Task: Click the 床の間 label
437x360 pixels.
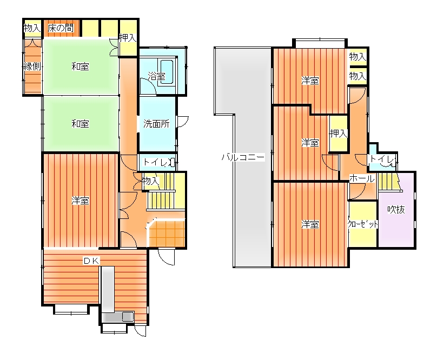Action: pyautogui.click(x=61, y=28)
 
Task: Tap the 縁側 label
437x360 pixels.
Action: pyautogui.click(x=32, y=66)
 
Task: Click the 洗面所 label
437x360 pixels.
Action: pyautogui.click(x=156, y=123)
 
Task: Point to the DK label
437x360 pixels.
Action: pyautogui.click(x=92, y=261)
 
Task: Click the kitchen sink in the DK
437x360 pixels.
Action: pyautogui.click(x=128, y=317)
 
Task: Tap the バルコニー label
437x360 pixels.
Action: pyautogui.click(x=243, y=157)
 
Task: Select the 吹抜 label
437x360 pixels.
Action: pyautogui.click(x=396, y=210)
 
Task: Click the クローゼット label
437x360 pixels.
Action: pyautogui.click(x=362, y=224)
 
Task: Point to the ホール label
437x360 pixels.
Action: pyautogui.click(x=362, y=178)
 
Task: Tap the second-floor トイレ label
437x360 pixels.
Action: pyautogui.click(x=382, y=159)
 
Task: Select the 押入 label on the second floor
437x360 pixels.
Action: pyautogui.click(x=339, y=134)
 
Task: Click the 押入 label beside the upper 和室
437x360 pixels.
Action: pyautogui.click(x=128, y=38)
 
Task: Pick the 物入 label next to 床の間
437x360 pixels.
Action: pyautogui.click(x=32, y=28)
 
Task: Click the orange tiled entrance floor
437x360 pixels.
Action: pyautogui.click(x=167, y=234)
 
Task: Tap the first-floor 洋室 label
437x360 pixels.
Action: pyautogui.click(x=80, y=201)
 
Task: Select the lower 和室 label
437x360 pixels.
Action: pyautogui.click(x=80, y=123)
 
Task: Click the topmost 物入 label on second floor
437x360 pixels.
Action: pyautogui.click(x=357, y=57)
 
